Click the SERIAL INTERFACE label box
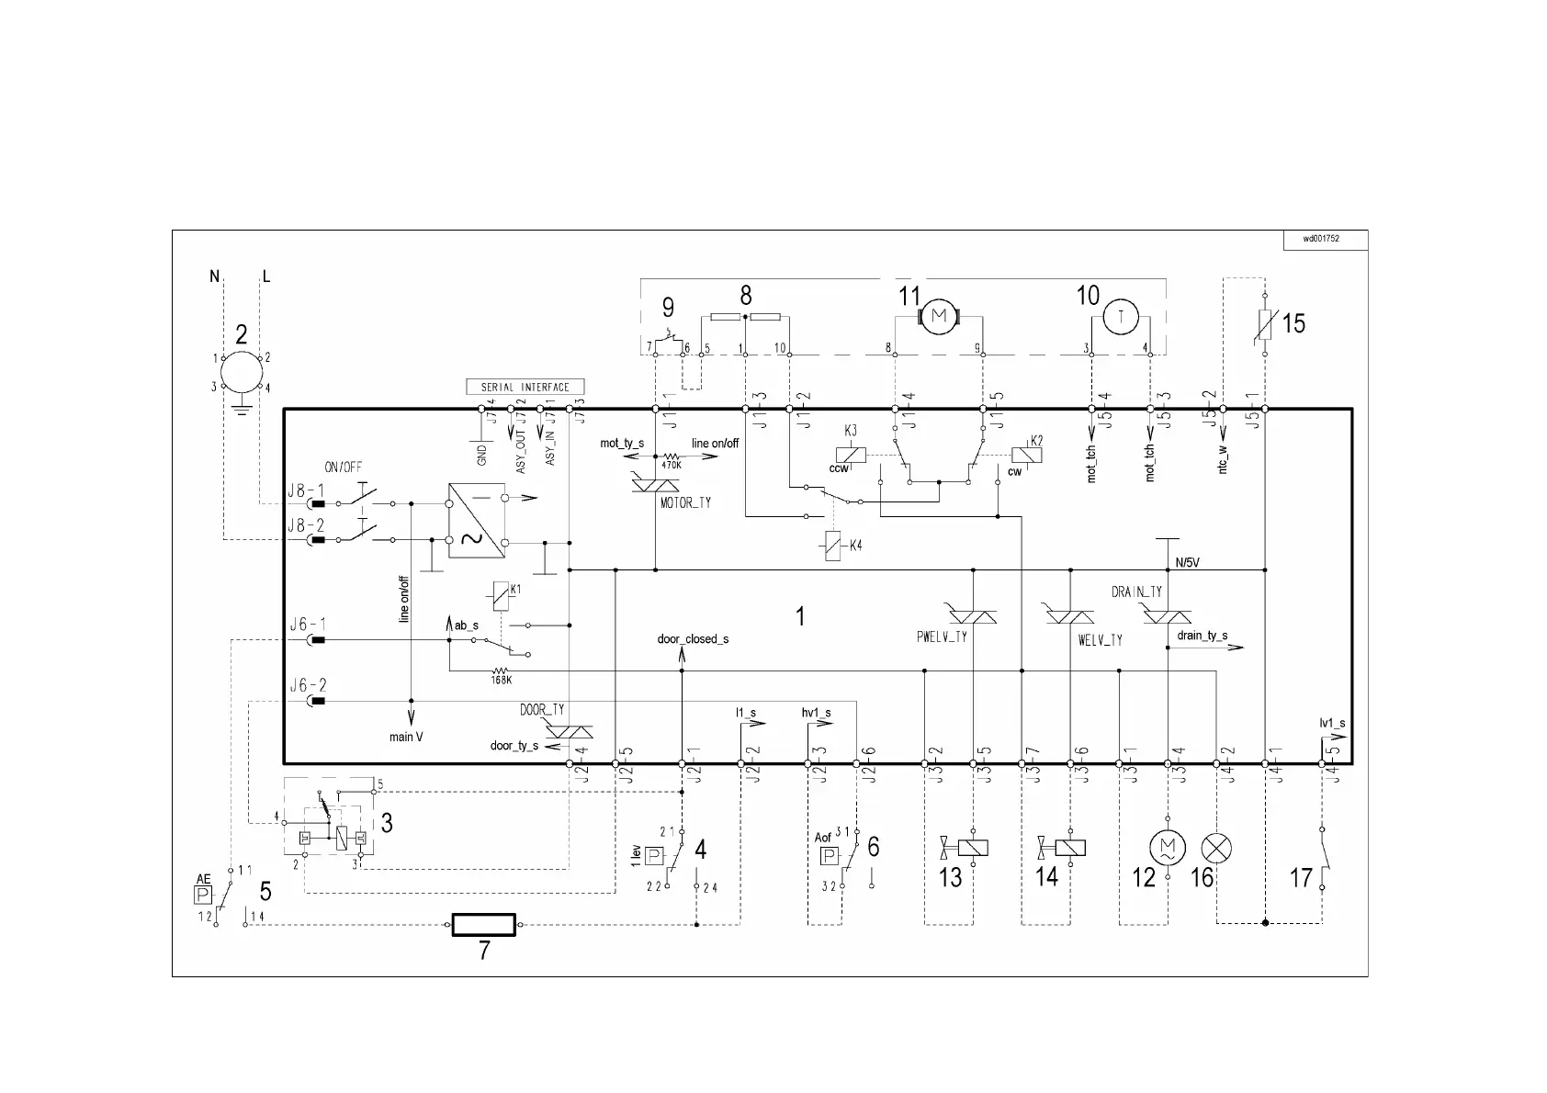pos(525,387)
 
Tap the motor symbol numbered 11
pos(938,317)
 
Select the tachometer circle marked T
pos(1120,317)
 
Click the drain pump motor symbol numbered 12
pos(1167,847)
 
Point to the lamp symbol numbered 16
pos(1216,848)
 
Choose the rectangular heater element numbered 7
pos(483,925)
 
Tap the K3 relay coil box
pos(852,453)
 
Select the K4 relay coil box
pos(833,546)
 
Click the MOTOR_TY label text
pos(685,503)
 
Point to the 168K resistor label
pos(502,682)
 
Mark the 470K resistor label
pos(672,466)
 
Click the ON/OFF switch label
pos(344,467)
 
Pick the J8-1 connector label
pos(306,490)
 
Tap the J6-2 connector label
pos(308,685)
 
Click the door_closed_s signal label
pos(693,638)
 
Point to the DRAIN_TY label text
pos(1137,592)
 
